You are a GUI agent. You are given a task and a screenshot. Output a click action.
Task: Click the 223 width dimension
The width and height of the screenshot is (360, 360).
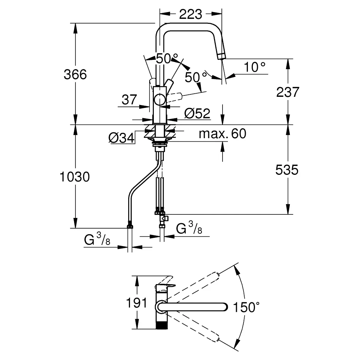pos(190,14)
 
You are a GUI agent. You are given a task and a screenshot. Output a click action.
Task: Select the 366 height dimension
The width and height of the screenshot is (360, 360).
pos(75,75)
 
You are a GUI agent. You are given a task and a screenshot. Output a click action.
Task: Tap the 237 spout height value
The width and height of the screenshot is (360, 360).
pos(288,92)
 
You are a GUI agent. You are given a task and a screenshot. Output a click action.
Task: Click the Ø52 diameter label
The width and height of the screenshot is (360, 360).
pos(198,114)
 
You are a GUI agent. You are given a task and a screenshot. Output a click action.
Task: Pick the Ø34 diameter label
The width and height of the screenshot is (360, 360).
pos(121,137)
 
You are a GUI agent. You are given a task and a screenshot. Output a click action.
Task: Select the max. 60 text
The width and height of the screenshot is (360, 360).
pos(222,134)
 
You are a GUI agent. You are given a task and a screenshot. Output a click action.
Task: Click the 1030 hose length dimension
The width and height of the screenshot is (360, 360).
pos(75,176)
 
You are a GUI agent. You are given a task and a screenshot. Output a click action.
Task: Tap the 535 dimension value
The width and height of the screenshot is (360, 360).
pos(287,170)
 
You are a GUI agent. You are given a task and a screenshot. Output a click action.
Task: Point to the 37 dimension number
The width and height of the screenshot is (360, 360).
pos(129,100)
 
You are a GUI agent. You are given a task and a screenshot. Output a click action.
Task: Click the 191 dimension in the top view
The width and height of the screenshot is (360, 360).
pos(137,303)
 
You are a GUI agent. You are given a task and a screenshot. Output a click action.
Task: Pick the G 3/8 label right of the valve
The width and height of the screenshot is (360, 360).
pos(189,228)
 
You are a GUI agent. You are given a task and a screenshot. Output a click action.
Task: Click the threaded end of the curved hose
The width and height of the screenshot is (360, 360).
pos(130,225)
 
